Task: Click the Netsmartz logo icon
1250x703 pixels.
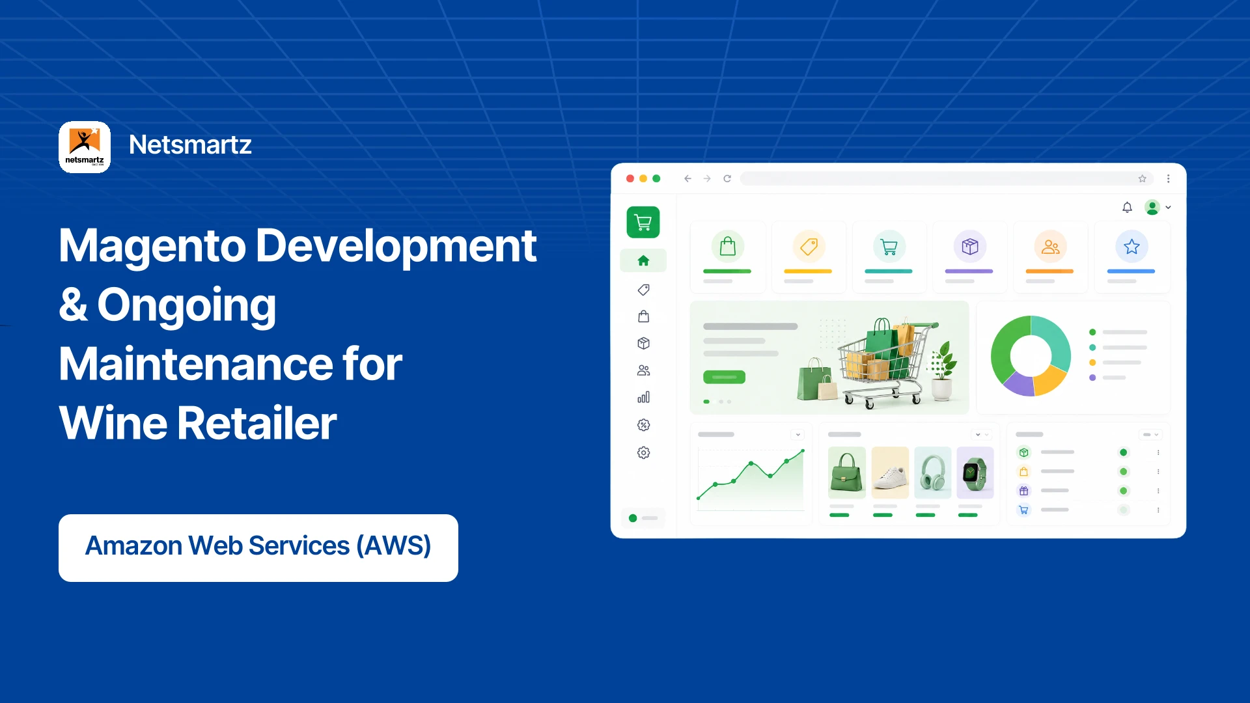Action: [x=85, y=147]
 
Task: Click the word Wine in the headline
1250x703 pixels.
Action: [x=112, y=423]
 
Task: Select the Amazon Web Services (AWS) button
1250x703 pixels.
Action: [x=258, y=547]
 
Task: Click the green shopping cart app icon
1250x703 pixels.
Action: [x=643, y=222]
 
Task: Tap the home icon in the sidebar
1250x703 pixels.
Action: [x=643, y=260]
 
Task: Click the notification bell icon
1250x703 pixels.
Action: [x=1127, y=207]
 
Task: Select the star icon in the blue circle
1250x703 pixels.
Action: [x=1132, y=247]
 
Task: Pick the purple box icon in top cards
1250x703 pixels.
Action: [x=970, y=247]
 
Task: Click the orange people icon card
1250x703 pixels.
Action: [x=1051, y=257]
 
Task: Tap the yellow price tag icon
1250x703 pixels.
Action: [x=809, y=247]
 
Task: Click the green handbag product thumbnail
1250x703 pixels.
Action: [x=847, y=473]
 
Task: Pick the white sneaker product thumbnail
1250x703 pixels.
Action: [x=890, y=473]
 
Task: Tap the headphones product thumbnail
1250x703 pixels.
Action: [x=933, y=473]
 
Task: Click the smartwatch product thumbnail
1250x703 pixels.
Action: [x=975, y=473]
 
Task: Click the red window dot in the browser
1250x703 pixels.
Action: [x=630, y=178]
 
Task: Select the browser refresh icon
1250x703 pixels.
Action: [x=727, y=178]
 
